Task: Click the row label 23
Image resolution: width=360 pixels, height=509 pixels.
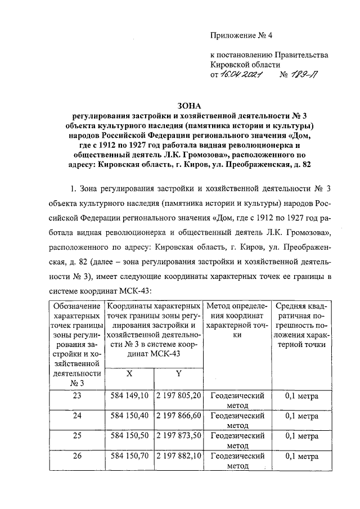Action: coord(76,396)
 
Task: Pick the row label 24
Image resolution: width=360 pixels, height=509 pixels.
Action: coord(76,416)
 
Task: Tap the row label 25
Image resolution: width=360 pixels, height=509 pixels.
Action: coord(76,436)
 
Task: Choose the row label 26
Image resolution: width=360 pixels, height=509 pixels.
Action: coord(76,457)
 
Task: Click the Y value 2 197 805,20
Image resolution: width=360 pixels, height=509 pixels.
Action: coord(178,396)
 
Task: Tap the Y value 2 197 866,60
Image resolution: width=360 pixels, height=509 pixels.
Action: coord(178,416)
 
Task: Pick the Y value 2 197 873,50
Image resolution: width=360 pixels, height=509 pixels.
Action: coord(178,436)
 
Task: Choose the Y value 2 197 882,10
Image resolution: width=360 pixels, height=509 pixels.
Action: coord(178,457)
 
